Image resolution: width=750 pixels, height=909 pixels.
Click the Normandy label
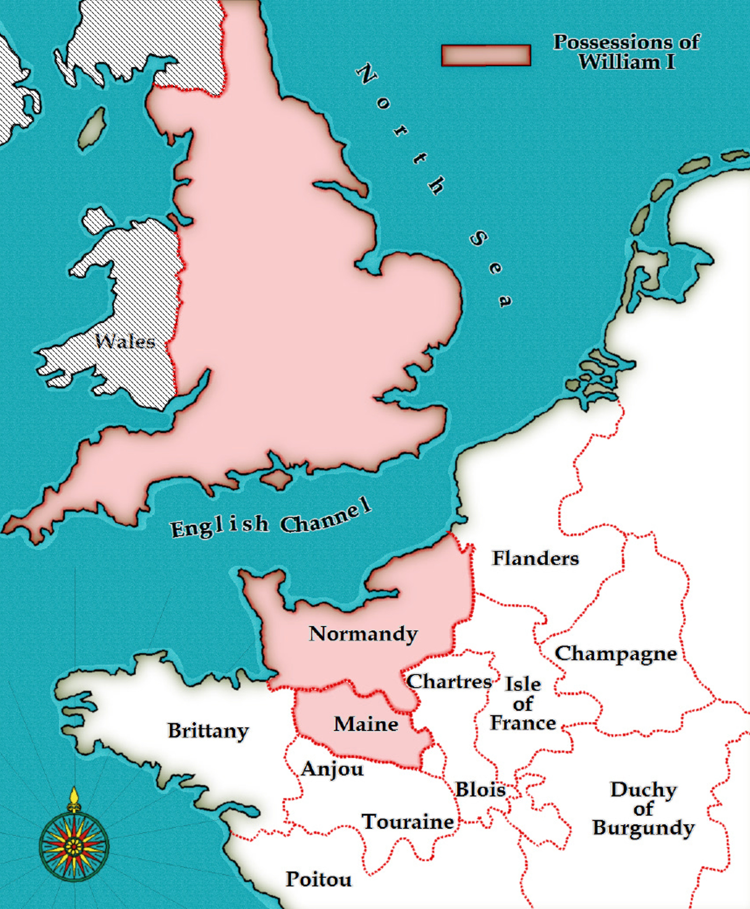coord(363,634)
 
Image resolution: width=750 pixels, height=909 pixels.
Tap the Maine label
coord(366,724)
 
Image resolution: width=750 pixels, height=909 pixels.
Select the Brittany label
coord(208,731)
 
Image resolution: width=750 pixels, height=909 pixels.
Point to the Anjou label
coord(332,769)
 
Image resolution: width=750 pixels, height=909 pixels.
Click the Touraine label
coord(407,821)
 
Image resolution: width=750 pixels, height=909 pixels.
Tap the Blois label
coord(480,789)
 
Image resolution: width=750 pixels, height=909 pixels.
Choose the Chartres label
coord(449,681)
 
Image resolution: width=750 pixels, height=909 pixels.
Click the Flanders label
coord(535,558)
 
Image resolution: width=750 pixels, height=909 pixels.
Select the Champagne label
coord(615,654)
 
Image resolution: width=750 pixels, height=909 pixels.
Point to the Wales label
coord(125,341)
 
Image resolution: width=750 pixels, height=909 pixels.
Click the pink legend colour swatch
coord(486,55)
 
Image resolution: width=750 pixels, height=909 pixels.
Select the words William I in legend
coord(626,62)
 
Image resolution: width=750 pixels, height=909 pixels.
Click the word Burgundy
coord(643,828)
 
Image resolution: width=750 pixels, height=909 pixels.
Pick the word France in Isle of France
coord(523,723)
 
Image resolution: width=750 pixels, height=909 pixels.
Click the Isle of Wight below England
coord(277,479)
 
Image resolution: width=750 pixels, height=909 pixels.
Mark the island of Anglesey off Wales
coord(96,220)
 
